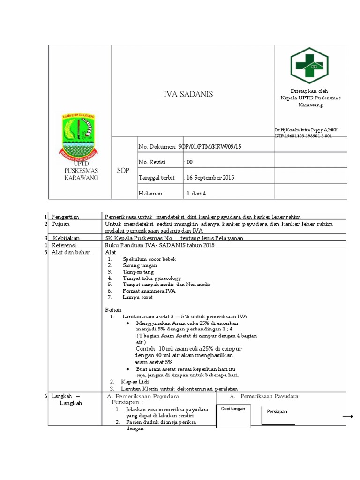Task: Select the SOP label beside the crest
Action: (123, 171)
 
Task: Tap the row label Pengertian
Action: (65, 217)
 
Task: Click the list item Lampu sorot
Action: (137, 297)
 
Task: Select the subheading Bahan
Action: (113, 310)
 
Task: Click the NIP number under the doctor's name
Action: (303, 135)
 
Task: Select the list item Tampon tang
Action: (138, 272)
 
